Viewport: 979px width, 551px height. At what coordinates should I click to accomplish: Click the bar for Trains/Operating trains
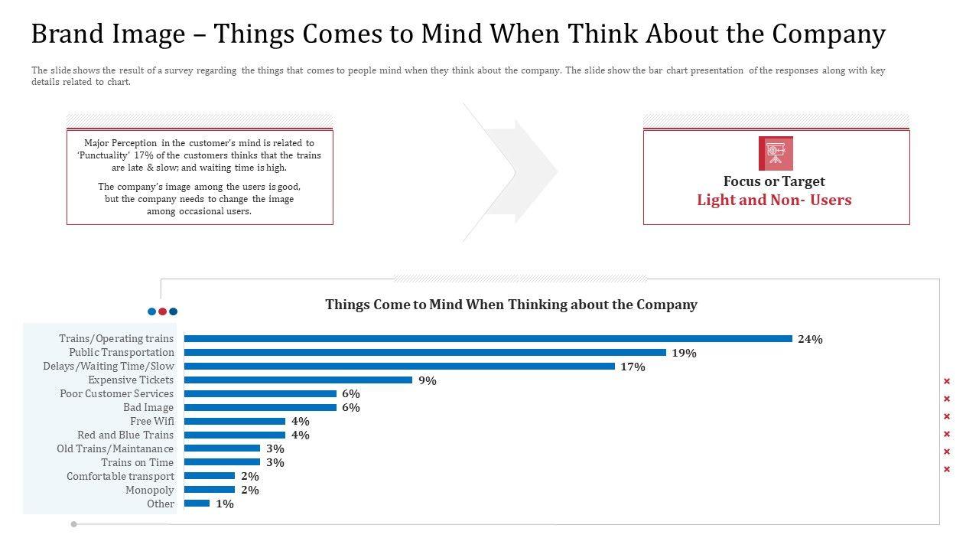[488, 338]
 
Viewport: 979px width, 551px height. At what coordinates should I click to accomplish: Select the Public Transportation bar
[425, 352]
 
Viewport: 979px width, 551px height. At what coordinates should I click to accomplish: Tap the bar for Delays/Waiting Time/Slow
[399, 366]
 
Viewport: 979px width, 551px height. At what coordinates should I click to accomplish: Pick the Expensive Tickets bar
[298, 380]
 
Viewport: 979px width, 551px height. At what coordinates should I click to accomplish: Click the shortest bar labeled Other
[197, 504]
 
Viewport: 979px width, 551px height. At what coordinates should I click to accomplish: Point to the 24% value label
[810, 339]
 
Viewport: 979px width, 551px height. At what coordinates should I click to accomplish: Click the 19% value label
[684, 353]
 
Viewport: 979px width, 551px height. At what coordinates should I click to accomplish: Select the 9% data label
[428, 380]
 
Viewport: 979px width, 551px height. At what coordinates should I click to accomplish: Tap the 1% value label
[225, 504]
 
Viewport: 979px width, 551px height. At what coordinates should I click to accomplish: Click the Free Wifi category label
[151, 421]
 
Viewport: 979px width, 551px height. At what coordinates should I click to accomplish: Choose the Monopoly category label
[150, 490]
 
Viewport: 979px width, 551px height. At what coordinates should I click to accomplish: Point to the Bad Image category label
[148, 407]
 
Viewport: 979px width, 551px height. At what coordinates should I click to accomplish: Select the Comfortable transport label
[120, 476]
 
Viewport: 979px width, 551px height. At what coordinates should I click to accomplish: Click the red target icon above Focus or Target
[776, 153]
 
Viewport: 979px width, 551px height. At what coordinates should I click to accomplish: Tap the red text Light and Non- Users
[774, 201]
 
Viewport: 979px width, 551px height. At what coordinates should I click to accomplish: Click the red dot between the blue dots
[162, 311]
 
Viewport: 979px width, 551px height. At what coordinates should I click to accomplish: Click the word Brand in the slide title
[67, 34]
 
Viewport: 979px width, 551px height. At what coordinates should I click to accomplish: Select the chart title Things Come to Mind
[511, 305]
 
